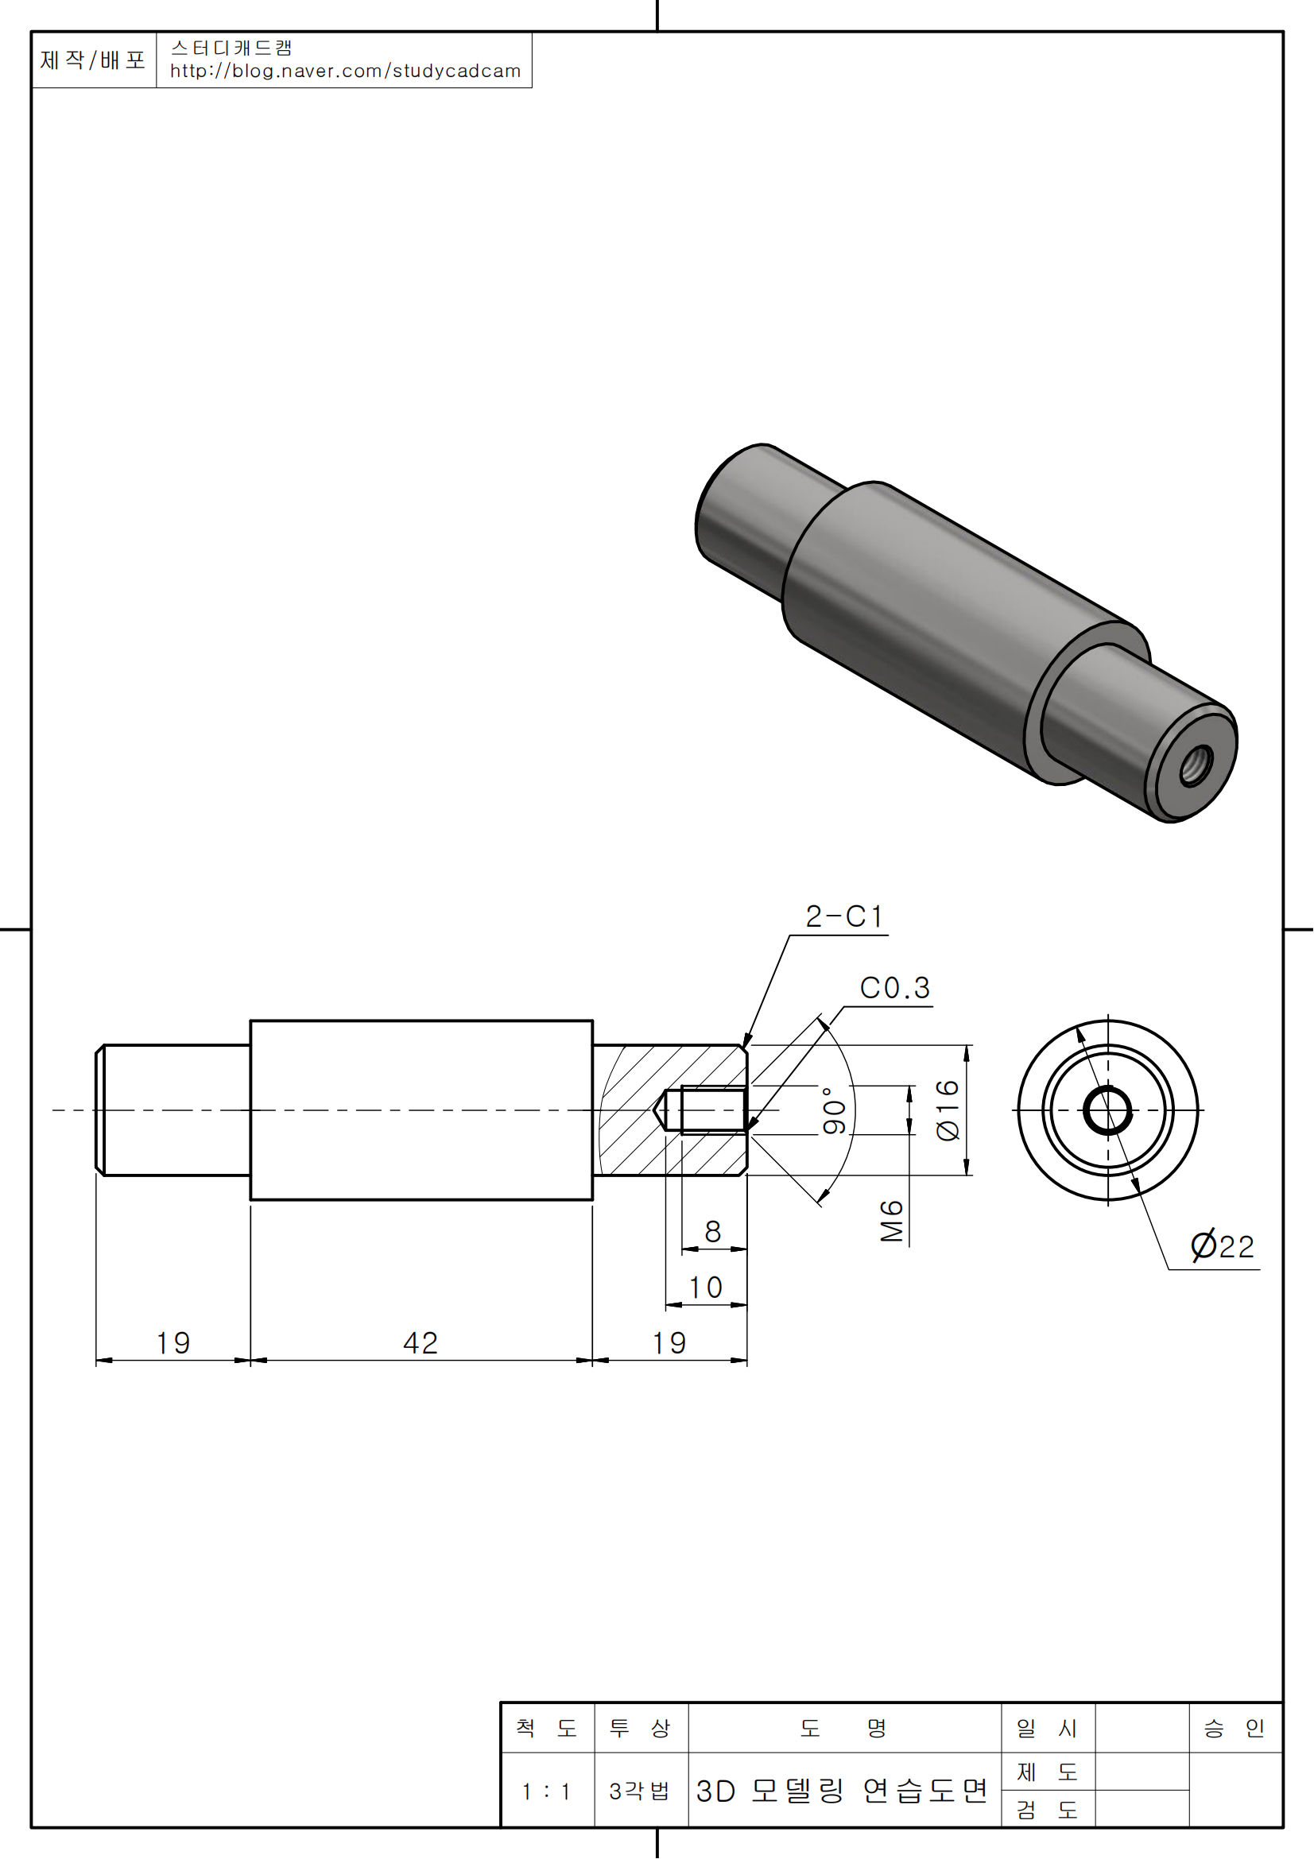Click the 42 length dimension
click(421, 1343)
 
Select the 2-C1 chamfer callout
click(843, 916)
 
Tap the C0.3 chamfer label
click(894, 988)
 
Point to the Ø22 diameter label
click(1222, 1246)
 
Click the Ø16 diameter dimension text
click(948, 1110)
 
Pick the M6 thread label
click(891, 1221)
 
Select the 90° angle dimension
click(834, 1111)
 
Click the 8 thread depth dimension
click(712, 1231)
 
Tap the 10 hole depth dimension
click(704, 1288)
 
